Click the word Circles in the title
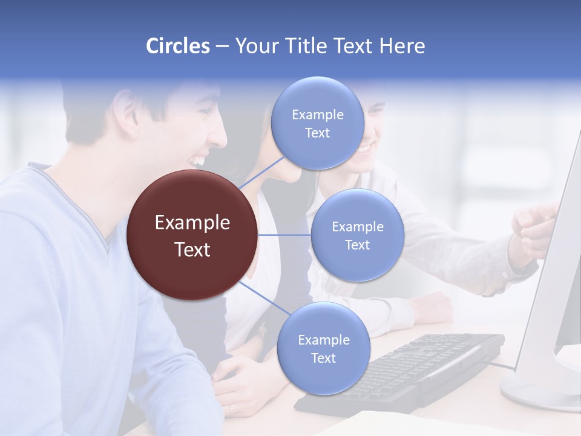pos(178,46)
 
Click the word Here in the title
pos(402,46)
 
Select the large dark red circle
pos(192,235)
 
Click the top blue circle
pos(317,123)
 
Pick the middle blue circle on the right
pos(357,235)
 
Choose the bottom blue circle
pos(323,348)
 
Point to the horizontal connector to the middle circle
pos(284,235)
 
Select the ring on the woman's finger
pos(230,409)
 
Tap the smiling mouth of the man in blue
pos(197,160)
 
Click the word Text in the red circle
pos(192,249)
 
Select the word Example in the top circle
pos(317,115)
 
